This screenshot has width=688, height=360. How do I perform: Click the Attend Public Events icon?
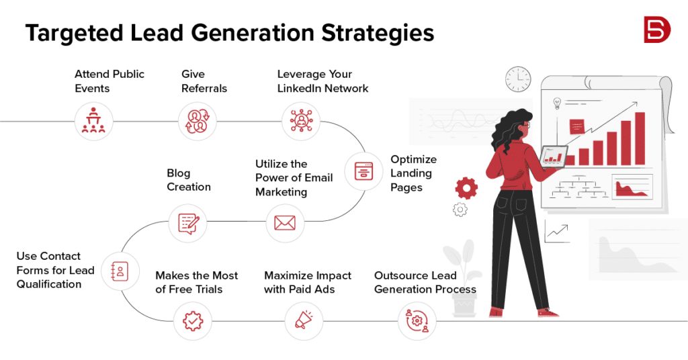[x=93, y=122]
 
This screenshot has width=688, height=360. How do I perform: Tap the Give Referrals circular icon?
[x=197, y=122]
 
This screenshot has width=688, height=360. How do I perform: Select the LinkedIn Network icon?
[x=300, y=122]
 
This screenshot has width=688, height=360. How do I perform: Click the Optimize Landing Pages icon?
[x=363, y=171]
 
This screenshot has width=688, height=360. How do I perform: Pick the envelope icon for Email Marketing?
[x=285, y=222]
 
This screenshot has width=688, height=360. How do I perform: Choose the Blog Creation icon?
[x=187, y=222]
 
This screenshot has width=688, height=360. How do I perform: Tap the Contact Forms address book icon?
[x=119, y=271]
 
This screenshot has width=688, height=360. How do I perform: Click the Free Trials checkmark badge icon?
[x=192, y=321]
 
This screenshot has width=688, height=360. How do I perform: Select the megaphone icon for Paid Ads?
[x=304, y=321]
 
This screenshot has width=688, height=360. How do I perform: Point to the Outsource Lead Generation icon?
[x=416, y=321]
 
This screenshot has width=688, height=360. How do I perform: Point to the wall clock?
[x=518, y=79]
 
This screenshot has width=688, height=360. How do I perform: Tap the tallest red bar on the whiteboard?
[x=640, y=138]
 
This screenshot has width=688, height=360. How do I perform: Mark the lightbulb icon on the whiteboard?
[x=556, y=103]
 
